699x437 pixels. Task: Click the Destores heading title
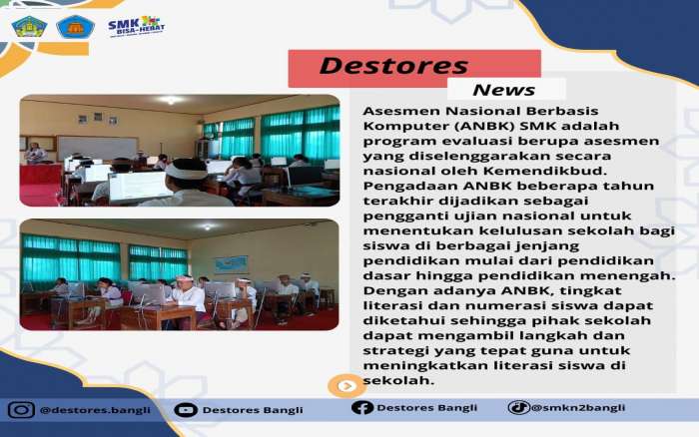(x=393, y=66)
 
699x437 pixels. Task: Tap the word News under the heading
(x=503, y=90)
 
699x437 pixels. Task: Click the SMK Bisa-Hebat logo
(x=137, y=26)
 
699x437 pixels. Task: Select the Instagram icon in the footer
(x=21, y=409)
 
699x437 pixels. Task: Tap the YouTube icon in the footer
(x=186, y=409)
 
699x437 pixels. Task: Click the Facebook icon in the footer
(x=361, y=407)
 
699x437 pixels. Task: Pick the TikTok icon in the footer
(x=518, y=407)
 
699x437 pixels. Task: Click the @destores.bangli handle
(x=95, y=410)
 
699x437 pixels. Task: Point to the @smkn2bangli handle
(x=578, y=408)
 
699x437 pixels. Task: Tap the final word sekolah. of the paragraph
(x=398, y=380)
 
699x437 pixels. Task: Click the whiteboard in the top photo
(x=98, y=149)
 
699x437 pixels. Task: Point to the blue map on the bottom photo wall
(x=231, y=265)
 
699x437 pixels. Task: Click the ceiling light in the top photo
(x=171, y=100)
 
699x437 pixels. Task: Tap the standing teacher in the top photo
(x=35, y=154)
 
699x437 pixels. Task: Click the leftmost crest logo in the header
(x=29, y=27)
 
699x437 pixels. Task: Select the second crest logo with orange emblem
(x=75, y=27)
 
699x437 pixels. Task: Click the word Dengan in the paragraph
(x=384, y=291)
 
